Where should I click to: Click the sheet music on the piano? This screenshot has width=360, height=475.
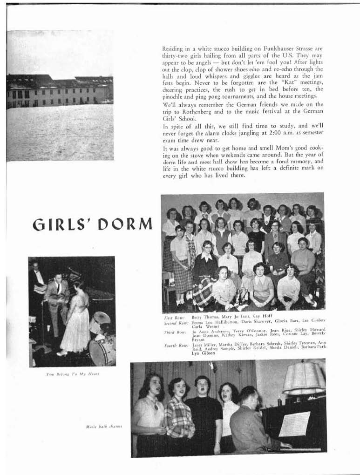[294, 424]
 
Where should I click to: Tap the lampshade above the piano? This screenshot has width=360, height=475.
[303, 378]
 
